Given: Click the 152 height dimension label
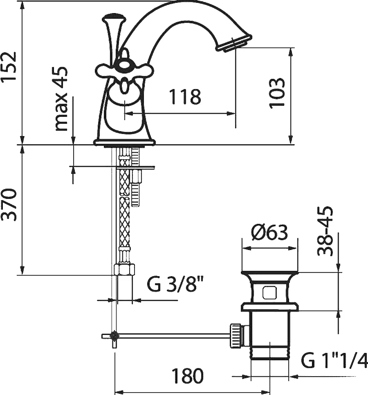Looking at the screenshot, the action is [9, 67].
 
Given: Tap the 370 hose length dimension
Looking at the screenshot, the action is [9, 205].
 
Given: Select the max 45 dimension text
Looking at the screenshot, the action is [61, 98].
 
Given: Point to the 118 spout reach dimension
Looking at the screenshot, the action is [185, 96].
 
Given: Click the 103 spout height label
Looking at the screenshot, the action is [277, 93].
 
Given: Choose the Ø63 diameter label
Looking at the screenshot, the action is [269, 232].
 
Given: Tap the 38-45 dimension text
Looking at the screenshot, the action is [325, 231].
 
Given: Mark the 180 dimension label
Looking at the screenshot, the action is [187, 376].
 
